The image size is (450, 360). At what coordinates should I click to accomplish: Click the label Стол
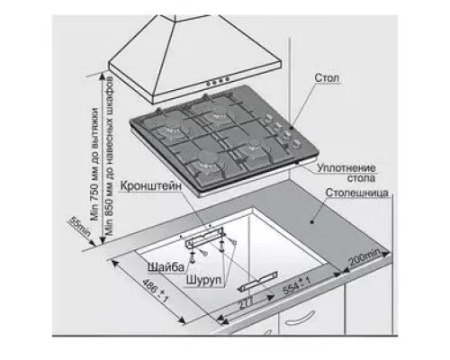[327, 78]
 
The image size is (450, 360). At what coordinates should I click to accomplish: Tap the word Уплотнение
[346, 167]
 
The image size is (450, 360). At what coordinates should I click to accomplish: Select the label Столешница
[357, 193]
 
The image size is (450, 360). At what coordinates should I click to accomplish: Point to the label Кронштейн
[151, 185]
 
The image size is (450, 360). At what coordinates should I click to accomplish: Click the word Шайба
[166, 266]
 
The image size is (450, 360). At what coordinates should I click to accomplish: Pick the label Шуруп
[204, 280]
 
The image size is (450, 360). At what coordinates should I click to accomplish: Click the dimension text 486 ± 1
[155, 290]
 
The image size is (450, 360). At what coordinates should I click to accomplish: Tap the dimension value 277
[246, 303]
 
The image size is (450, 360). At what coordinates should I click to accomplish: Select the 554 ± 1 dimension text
[296, 286]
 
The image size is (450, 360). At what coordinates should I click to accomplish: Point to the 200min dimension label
[364, 257]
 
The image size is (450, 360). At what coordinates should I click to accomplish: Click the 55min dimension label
[80, 227]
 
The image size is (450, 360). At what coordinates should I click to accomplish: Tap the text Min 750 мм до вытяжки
[94, 164]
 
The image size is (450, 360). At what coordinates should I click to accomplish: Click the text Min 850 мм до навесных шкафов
[109, 156]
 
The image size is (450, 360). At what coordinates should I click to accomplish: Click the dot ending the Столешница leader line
[312, 222]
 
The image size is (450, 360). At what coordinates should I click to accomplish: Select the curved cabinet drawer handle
[301, 319]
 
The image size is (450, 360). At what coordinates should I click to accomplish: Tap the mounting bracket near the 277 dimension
[257, 281]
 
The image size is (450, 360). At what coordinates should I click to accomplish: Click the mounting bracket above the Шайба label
[204, 237]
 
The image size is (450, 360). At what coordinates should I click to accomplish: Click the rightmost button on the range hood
[227, 79]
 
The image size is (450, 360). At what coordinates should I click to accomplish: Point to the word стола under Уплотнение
[361, 178]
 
